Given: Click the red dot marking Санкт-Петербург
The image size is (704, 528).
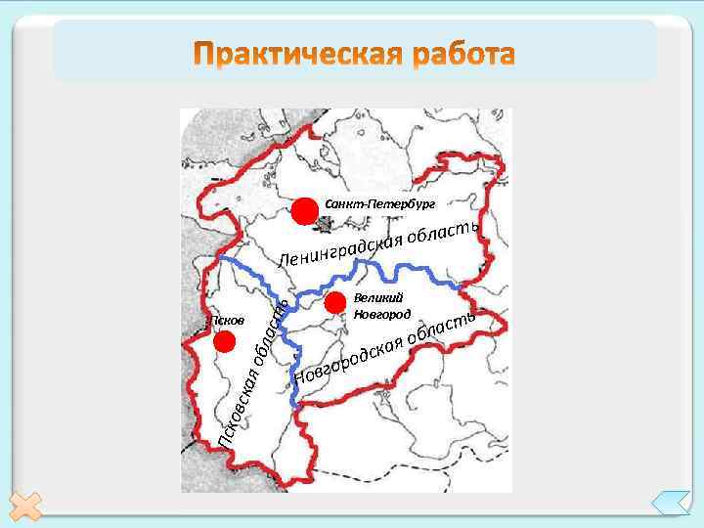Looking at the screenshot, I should (304, 210).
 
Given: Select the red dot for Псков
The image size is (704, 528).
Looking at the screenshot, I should (225, 341).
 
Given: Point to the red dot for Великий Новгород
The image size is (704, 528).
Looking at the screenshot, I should (335, 301).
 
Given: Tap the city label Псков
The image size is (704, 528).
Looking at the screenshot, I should (226, 322).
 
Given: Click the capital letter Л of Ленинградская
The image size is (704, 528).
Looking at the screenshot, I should (284, 262).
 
